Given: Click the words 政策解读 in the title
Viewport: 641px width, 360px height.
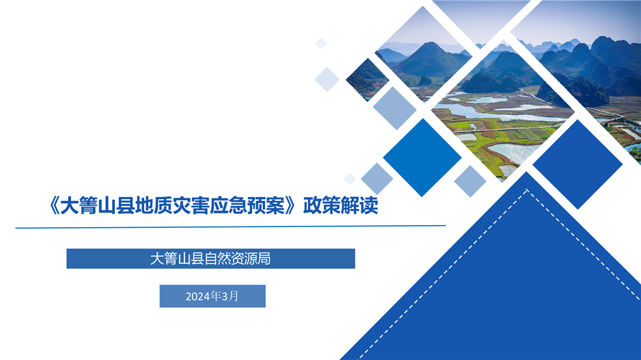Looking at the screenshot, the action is [x=341, y=205].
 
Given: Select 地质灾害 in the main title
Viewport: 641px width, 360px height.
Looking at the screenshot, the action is [x=172, y=205].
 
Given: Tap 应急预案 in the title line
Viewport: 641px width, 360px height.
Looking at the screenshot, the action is [x=247, y=205].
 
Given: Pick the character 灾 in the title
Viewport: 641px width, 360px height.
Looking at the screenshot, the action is [x=182, y=205].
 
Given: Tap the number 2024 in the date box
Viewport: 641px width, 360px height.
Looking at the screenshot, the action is [x=198, y=296].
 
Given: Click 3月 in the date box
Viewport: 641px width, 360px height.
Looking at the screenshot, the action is [x=230, y=296].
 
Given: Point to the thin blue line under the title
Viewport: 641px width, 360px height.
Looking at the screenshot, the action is [x=230, y=226].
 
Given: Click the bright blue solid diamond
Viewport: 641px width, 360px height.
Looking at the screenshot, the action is [x=422, y=158].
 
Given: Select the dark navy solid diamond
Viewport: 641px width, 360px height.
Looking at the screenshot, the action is [x=578, y=164].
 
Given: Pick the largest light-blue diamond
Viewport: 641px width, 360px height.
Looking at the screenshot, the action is [x=395, y=108].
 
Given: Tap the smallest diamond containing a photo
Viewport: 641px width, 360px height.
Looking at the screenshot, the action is [x=367, y=79].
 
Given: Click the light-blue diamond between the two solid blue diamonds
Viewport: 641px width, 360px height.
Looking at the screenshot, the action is [x=470, y=181].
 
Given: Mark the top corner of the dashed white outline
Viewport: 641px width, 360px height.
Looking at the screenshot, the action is [x=527, y=190].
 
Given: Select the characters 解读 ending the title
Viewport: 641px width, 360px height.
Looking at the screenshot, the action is [x=359, y=205].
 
